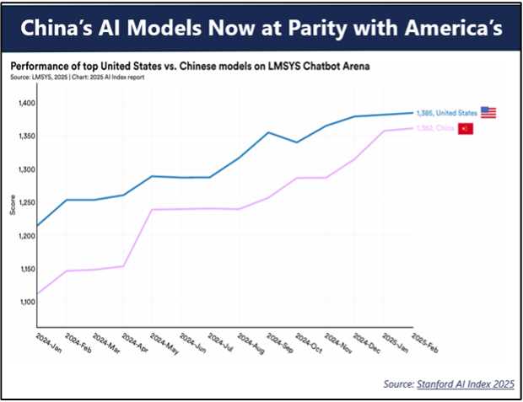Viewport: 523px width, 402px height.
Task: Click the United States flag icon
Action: coord(488,112)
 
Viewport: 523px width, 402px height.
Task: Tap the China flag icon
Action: coord(466,129)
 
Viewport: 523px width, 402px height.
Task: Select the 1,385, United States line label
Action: coord(445,112)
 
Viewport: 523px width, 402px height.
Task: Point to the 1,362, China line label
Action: coord(435,129)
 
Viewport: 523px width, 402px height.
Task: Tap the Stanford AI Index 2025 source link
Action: coord(466,384)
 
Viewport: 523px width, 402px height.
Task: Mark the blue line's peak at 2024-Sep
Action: coord(268,132)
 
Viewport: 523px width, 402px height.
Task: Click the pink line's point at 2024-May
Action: coord(153,209)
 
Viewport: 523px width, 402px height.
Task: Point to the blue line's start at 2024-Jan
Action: coord(37,226)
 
